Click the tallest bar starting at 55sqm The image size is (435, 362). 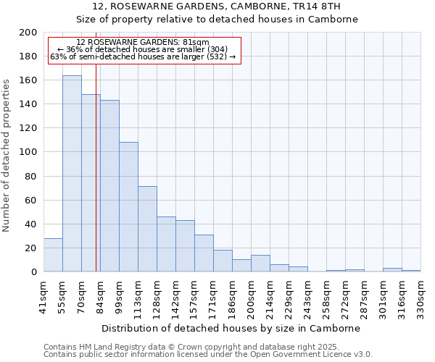[72, 174]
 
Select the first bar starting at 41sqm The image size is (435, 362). [53, 255]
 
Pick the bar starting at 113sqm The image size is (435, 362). [147, 229]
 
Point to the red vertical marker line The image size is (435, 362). [96, 181]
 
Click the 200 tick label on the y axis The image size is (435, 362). [28, 33]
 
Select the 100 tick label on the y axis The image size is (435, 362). [28, 152]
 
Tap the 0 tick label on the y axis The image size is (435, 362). [33, 272]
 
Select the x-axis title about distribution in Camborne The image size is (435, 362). [231, 328]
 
